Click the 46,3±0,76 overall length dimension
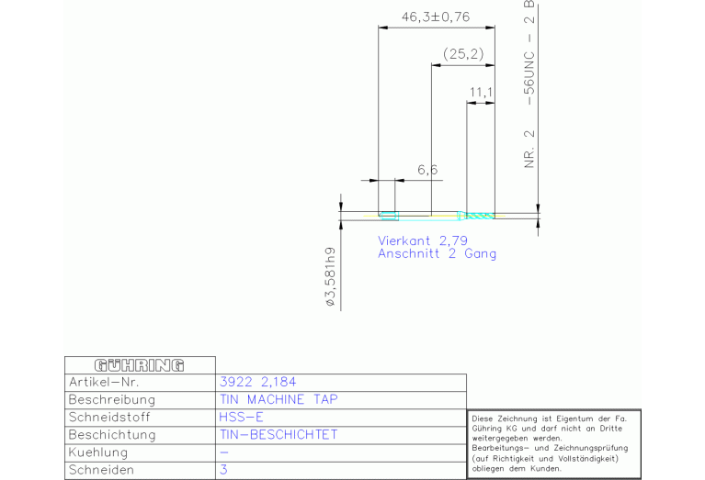point(436,17)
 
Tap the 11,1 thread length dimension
point(481,93)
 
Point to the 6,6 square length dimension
point(427,170)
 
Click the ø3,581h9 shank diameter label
point(331,276)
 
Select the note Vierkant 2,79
point(423,240)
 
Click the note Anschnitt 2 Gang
point(437,253)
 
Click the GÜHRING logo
point(140,365)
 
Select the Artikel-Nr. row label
point(104,382)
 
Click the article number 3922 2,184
point(257,382)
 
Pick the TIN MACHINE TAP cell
point(279,399)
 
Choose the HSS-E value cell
point(241,418)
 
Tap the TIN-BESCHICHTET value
point(279,435)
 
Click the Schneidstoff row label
point(109,418)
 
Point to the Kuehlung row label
point(98,452)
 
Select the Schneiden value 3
point(223,470)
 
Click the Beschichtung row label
point(112,435)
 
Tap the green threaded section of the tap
point(480,216)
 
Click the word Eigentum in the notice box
point(573,419)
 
